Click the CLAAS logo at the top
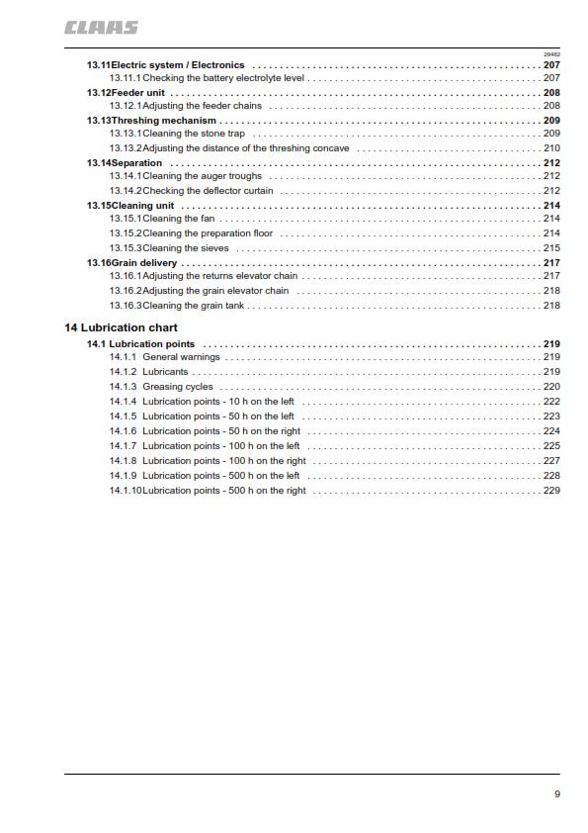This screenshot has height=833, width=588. [102, 28]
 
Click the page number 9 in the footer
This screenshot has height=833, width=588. [556, 793]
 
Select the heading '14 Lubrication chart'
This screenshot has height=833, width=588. [122, 326]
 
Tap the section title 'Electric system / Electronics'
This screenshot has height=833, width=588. [178, 64]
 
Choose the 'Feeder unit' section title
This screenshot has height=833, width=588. [137, 92]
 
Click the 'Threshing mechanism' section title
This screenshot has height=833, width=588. [163, 120]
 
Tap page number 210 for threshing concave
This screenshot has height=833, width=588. [551, 148]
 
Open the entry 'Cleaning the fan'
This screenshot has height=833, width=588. [178, 218]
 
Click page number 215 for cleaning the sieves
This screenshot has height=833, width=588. [551, 248]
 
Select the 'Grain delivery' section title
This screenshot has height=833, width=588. [144, 263]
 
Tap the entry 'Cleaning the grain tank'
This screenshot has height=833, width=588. [194, 306]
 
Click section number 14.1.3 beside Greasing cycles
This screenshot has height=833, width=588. [123, 387]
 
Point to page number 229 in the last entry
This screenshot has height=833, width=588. [551, 491]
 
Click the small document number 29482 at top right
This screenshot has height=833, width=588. [551, 53]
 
